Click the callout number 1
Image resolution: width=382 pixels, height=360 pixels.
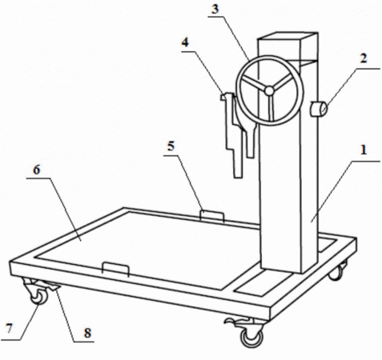point(364,150)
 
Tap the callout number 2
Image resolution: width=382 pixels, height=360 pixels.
point(364,58)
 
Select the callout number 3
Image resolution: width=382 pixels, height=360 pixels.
point(215,9)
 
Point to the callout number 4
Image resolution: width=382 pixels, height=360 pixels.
point(185,42)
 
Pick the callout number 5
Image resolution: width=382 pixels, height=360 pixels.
point(171,146)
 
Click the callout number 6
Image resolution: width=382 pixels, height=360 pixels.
point(37,170)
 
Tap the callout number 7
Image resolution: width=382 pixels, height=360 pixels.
point(10,328)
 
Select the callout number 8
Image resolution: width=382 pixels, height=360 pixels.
point(87,333)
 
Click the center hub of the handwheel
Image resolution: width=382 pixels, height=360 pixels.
point(269,91)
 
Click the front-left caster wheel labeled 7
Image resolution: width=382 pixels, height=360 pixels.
point(39,296)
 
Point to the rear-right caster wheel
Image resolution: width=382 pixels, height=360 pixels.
point(336,273)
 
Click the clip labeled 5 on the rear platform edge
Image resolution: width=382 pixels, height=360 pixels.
point(212,215)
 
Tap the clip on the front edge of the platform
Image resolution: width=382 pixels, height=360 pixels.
point(116,269)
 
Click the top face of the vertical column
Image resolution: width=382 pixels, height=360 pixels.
point(288,36)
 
